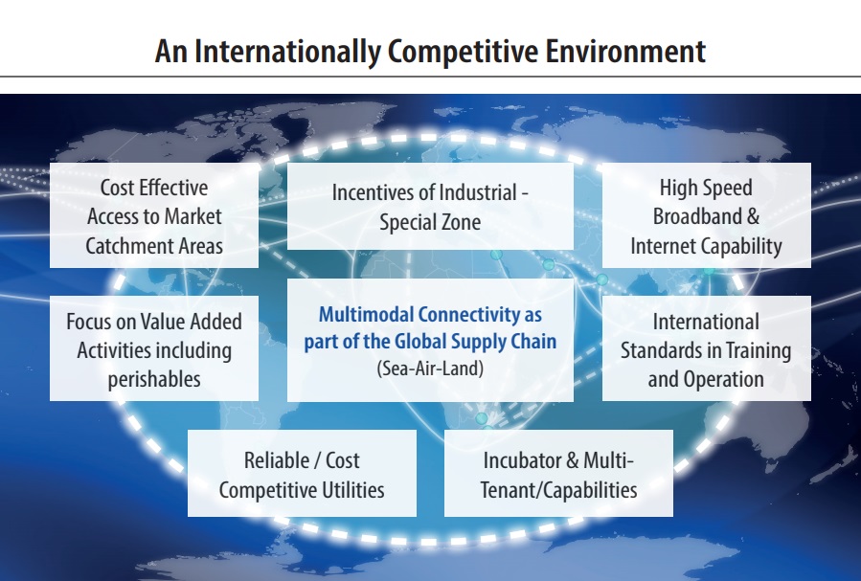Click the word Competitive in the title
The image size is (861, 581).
[463, 52]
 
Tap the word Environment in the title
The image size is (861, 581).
[625, 51]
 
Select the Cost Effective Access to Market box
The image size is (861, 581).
[154, 215]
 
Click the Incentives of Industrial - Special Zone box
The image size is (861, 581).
[430, 207]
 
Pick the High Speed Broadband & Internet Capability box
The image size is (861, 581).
[706, 215]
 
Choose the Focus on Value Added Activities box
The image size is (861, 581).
[154, 348]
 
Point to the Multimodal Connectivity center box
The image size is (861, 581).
[430, 340]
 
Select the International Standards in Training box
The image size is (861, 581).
[706, 348]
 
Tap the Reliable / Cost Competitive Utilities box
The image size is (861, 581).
[302, 473]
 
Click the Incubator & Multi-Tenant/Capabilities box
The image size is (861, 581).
[558, 473]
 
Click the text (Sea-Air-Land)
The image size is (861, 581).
[430, 369]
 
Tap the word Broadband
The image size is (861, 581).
[697, 216]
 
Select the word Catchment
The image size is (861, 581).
[122, 246]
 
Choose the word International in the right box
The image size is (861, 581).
[706, 322]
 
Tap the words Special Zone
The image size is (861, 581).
[430, 222]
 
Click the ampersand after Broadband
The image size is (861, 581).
[753, 216]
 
